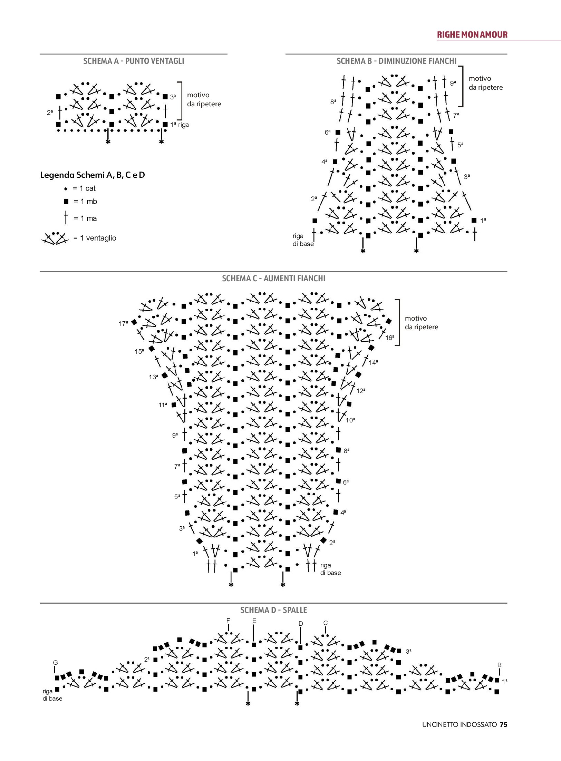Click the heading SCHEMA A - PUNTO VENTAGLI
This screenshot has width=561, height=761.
[134, 61]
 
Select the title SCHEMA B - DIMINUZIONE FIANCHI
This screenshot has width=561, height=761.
[396, 61]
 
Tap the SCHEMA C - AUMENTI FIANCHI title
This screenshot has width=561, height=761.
[273, 279]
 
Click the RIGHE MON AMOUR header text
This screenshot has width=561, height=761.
[472, 35]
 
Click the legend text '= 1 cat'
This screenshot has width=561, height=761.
[84, 188]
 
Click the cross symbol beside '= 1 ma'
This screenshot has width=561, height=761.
[66, 218]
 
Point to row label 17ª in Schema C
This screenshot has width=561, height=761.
[123, 324]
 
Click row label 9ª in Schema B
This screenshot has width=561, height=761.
[453, 83]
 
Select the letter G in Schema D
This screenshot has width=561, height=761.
[55, 663]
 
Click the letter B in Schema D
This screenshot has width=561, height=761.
[499, 665]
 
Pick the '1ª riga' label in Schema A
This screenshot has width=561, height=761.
[180, 125]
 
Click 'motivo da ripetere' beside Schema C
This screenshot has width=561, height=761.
[421, 323]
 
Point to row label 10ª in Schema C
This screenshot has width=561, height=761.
[350, 420]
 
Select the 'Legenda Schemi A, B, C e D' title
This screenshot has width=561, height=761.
[93, 175]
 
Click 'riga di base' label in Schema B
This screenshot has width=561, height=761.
[303, 240]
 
